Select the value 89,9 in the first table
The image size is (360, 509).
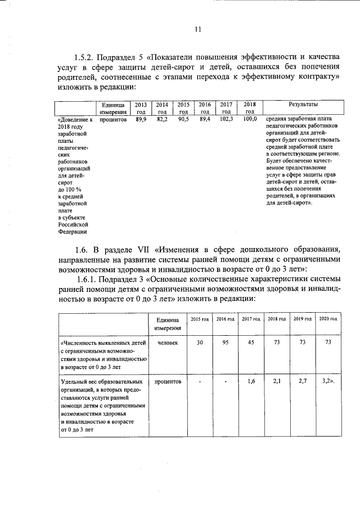[x=141, y=119]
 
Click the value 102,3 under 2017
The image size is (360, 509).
[x=226, y=119]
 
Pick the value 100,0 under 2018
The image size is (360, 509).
[x=249, y=119]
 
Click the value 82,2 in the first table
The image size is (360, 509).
[x=162, y=119]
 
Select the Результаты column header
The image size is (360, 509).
[x=303, y=105]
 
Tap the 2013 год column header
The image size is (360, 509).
[x=141, y=108]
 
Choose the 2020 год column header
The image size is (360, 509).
[x=328, y=319]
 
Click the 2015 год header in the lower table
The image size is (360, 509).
[x=200, y=319]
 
